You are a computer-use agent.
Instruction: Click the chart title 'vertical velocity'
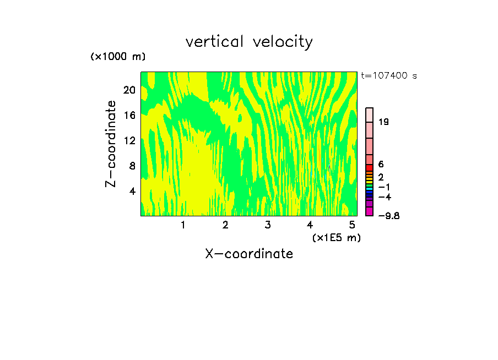[249, 42]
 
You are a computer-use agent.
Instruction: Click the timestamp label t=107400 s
[388, 75]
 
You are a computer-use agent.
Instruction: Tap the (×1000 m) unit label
[117, 57]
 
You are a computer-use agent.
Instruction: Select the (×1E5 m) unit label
[336, 237]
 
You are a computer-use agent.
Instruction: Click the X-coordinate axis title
[249, 254]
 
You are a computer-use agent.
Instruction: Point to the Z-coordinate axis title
[111, 144]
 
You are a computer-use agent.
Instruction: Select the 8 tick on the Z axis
[131, 166]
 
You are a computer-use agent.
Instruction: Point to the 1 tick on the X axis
[183, 225]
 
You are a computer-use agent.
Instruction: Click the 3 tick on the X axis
[267, 225]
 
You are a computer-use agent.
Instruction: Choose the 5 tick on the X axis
[351, 225]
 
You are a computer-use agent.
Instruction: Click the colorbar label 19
[384, 122]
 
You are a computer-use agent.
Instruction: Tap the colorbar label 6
[381, 164]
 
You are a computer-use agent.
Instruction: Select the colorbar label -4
[384, 197]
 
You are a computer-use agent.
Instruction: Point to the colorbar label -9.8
[388, 216]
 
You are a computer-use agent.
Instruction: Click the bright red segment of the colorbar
[370, 167]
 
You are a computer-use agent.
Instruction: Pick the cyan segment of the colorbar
[370, 189]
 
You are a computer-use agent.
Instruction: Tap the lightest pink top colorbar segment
[370, 114]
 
